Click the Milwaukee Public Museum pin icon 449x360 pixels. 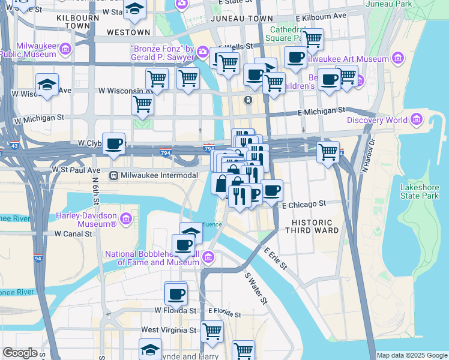[65, 48]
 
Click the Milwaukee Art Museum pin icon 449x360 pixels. [397, 58]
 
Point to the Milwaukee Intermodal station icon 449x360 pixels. [113, 175]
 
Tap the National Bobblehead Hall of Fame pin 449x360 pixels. [208, 257]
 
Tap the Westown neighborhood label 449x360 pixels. [128, 32]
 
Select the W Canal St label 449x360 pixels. [75, 233]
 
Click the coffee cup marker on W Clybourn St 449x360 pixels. [113, 144]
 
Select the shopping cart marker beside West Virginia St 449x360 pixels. [212, 331]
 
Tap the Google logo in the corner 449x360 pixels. [20, 353]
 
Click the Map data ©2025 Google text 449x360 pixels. [412, 355]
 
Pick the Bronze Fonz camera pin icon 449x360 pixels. [203, 53]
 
